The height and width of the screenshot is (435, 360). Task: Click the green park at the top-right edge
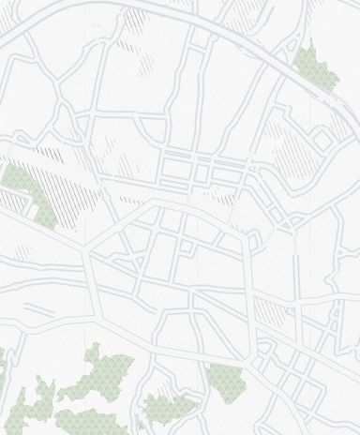[315, 67]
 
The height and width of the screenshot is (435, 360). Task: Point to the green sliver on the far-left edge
[2, 357]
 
